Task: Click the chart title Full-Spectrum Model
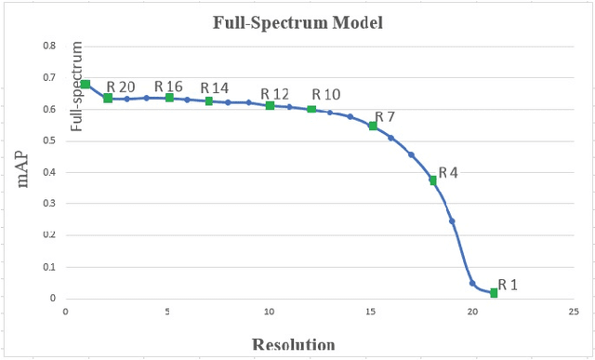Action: coord(297,20)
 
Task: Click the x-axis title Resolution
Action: coord(294,344)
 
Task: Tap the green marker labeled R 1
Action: coord(494,293)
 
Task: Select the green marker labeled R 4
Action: coord(432,180)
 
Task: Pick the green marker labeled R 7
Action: coord(373,126)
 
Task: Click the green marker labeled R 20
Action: coord(108,98)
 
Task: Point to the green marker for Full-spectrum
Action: coord(85,85)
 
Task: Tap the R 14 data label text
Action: coord(215,88)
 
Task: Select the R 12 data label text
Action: coord(275,94)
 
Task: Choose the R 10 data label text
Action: coord(326,94)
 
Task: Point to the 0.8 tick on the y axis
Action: coord(50,46)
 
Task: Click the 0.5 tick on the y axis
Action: coord(50,140)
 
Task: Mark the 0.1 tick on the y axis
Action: coord(50,267)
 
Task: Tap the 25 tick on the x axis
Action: coord(575,313)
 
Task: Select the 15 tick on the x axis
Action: coord(371,313)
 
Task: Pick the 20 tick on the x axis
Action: coord(472,313)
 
